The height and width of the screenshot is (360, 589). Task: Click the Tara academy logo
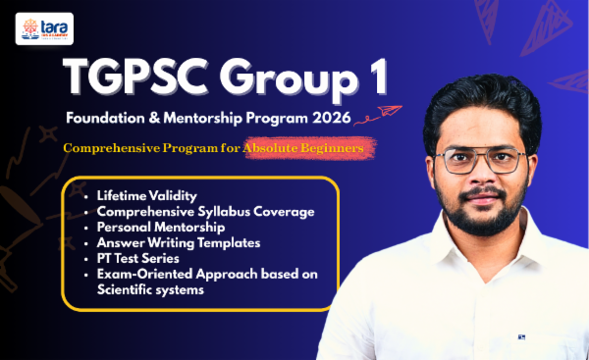37,29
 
